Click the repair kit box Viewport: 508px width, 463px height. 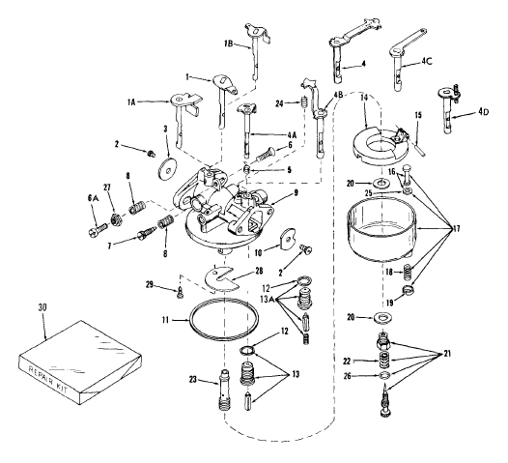click(x=80, y=362)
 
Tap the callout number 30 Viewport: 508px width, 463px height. click(x=42, y=307)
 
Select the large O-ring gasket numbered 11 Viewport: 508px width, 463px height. click(x=224, y=320)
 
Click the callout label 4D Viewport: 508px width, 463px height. click(x=482, y=112)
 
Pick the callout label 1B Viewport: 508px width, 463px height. click(x=228, y=43)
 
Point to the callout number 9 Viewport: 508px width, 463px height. click(x=296, y=192)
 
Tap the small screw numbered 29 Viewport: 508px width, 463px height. click(x=181, y=293)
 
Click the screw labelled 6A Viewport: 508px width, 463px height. click(x=98, y=229)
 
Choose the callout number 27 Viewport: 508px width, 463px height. click(x=107, y=188)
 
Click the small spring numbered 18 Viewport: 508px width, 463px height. click(x=407, y=272)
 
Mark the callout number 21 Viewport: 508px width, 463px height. click(x=447, y=354)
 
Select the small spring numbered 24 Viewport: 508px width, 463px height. click(x=303, y=103)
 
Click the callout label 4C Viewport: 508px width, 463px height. click(x=427, y=61)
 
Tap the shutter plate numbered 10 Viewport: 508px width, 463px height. click(x=287, y=240)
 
